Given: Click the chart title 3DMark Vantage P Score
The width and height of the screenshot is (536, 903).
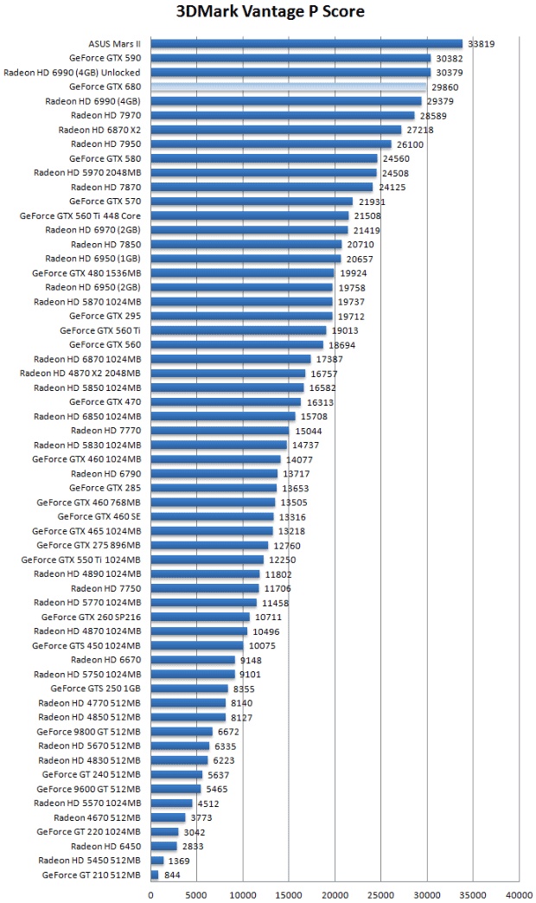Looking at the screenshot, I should (270, 11).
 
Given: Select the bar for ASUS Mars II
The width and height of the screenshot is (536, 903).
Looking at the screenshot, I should (307, 43).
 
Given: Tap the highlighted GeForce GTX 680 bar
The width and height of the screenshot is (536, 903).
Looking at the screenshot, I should (289, 86).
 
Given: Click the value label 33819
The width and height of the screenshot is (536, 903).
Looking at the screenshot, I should (481, 43).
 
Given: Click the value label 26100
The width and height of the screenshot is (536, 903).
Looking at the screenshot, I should (410, 144).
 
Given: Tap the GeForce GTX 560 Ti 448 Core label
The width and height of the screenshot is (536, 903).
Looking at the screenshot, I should (80, 215).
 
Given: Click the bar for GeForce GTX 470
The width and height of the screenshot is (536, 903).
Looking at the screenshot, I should (226, 402).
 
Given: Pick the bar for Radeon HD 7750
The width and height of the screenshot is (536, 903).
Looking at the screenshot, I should (205, 588).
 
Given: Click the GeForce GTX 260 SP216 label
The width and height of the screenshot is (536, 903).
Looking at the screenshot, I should (92, 617).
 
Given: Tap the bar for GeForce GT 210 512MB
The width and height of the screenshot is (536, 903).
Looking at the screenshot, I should (155, 875).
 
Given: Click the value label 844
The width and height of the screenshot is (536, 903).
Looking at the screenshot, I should (172, 875).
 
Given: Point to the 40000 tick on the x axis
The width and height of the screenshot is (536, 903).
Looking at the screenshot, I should (519, 895).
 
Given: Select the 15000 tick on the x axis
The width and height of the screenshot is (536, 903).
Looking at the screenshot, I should (289, 895).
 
